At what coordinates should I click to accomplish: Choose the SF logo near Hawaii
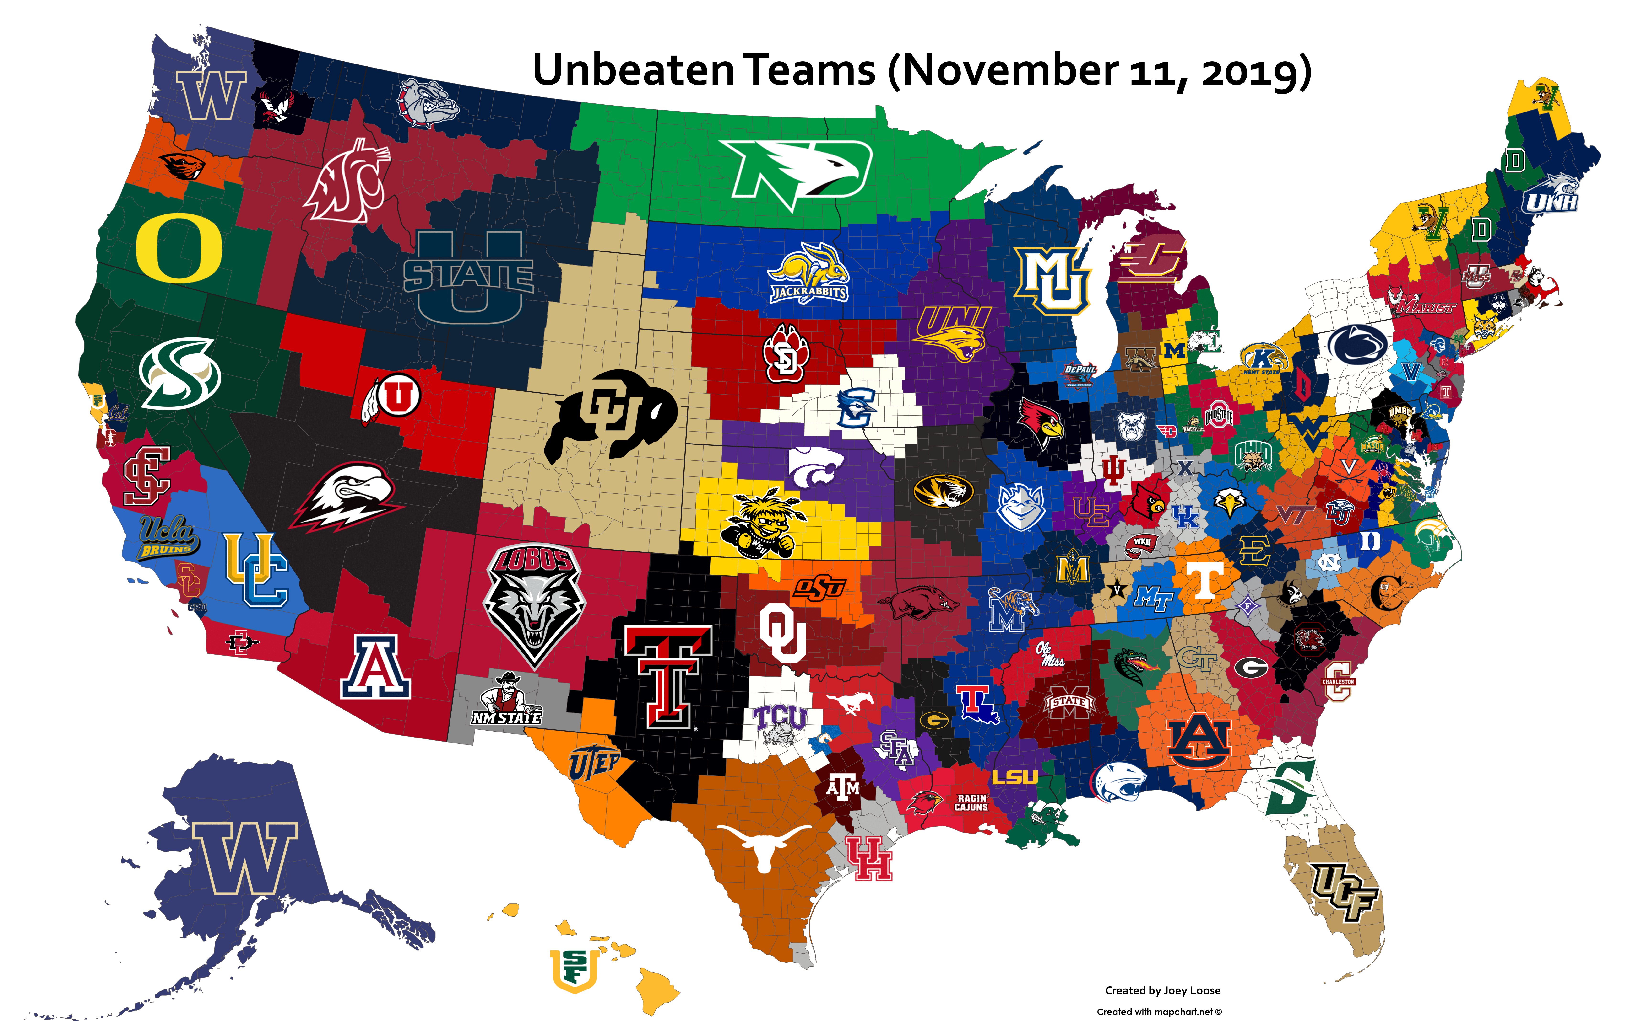pyautogui.click(x=574, y=969)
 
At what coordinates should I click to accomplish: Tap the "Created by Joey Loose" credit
pyautogui.click(x=1162, y=991)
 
